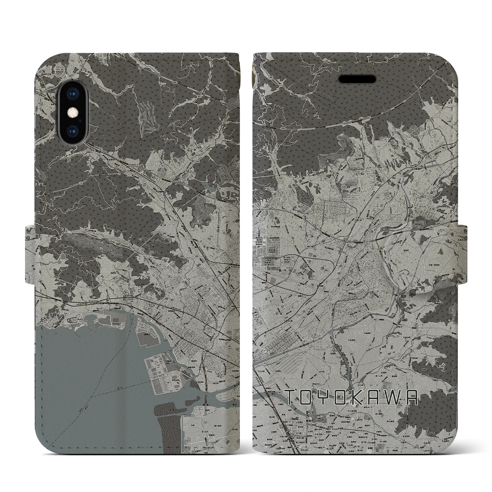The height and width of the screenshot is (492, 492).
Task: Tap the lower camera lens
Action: [72, 130]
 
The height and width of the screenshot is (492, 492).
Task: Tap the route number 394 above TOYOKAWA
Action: [341, 354]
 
